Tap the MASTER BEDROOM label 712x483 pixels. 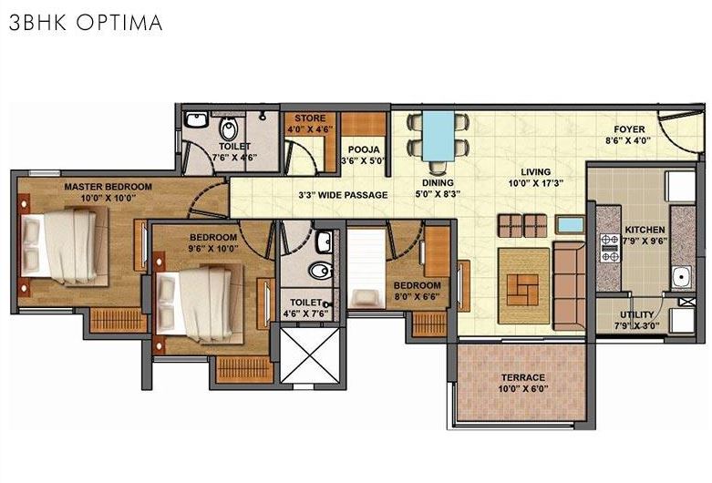tap(108, 187)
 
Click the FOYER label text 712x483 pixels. tap(628, 129)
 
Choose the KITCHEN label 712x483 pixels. tap(645, 230)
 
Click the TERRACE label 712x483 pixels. tap(522, 377)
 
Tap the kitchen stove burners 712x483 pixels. tap(608, 247)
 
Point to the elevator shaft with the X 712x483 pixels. tap(309, 355)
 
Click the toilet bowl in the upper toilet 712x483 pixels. tap(228, 126)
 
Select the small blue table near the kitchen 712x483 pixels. tap(571, 224)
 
